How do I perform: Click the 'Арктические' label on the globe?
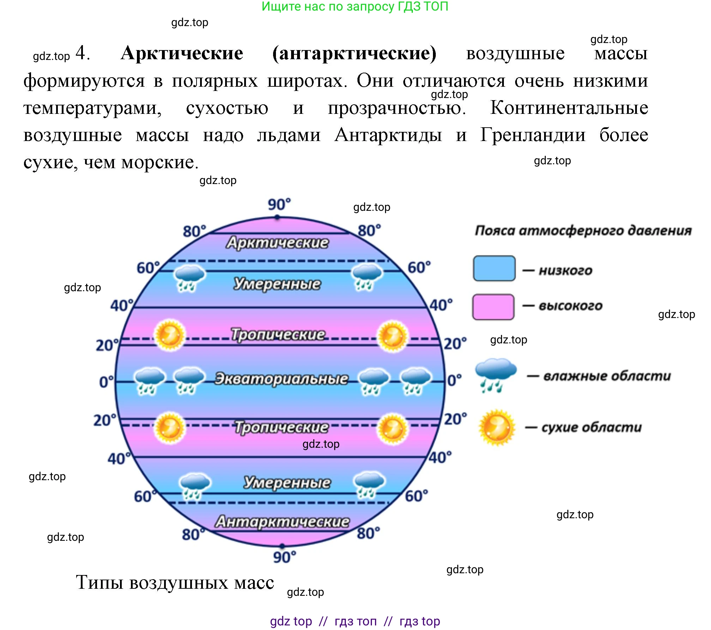(277, 243)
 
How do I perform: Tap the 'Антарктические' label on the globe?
(282, 521)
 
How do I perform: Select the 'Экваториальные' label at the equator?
(281, 379)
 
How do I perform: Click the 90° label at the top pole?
(279, 204)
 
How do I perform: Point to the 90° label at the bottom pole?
(284, 557)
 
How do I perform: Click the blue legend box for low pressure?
(494, 269)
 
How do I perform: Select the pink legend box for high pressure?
(493, 307)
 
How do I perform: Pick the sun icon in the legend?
(496, 427)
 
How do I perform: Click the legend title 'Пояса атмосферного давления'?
(583, 231)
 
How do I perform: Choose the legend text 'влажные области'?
(607, 376)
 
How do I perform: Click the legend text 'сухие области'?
(591, 427)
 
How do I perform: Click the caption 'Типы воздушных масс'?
(175, 582)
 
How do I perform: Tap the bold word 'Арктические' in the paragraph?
(182, 54)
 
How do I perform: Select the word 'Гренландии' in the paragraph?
(533, 135)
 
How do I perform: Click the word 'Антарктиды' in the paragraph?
(388, 135)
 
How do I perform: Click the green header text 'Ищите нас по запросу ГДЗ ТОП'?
(355, 6)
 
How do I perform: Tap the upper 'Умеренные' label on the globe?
(277, 284)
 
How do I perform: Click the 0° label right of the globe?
(454, 380)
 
